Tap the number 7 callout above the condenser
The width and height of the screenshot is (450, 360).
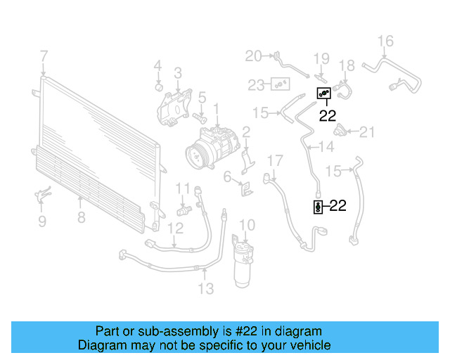(x=44, y=56)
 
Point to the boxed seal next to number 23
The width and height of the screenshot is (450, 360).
(x=281, y=84)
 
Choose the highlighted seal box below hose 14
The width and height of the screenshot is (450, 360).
(x=318, y=206)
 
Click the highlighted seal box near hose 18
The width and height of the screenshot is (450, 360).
(x=323, y=92)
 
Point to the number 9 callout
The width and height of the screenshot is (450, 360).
(x=41, y=222)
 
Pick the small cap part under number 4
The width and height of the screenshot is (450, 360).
(x=159, y=87)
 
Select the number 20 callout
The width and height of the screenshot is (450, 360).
(x=252, y=56)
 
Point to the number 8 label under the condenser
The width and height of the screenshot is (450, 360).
(x=82, y=217)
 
